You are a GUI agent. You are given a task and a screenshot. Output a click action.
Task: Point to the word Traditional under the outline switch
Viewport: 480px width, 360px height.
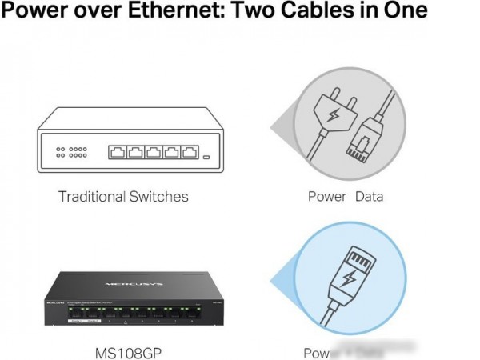92,196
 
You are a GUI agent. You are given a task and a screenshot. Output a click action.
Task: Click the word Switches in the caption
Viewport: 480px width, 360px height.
158,196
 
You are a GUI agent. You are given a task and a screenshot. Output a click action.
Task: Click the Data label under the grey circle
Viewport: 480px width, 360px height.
368,196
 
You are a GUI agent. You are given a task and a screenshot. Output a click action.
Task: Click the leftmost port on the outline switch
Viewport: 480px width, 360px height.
116,152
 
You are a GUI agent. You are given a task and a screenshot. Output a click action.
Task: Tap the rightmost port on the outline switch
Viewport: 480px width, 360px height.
189,152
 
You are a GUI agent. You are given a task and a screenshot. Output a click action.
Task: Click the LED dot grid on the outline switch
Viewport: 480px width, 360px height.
70,152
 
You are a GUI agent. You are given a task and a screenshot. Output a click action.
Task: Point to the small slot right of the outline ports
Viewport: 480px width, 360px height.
207,156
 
